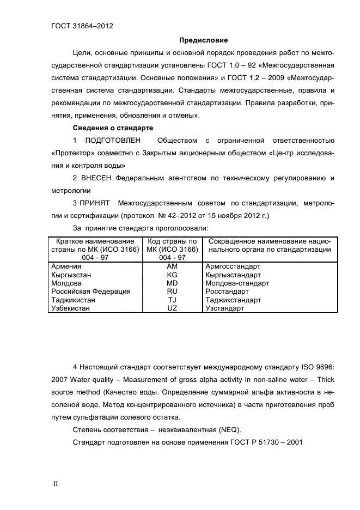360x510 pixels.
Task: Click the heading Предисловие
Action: pos(204,40)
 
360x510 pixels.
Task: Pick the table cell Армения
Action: pos(66,266)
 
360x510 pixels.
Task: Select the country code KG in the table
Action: pos(172,275)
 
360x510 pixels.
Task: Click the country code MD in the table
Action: pos(172,283)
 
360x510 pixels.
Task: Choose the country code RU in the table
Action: pos(172,292)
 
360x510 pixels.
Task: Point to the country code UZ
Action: pos(172,308)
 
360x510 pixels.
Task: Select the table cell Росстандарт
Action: pos(227,292)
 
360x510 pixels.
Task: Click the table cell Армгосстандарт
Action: pos(234,266)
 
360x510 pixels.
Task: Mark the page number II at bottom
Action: pos(55,484)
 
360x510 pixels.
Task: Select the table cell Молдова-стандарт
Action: pos(238,283)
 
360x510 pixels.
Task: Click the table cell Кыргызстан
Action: pos(70,275)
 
